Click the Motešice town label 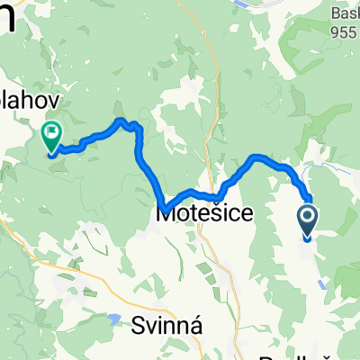[199, 215]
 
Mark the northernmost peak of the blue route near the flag [120, 120]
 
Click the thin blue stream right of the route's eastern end [319, 167]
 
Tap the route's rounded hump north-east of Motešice [258, 158]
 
